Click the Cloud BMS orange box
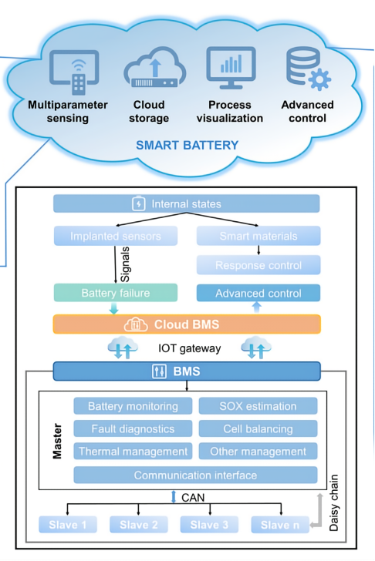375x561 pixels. (187, 324)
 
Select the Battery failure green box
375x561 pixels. (115, 293)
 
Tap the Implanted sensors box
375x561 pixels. (115, 236)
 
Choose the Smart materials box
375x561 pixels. (258, 236)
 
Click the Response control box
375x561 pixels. (258, 265)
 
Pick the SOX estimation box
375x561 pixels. (258, 406)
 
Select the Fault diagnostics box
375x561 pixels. (133, 428)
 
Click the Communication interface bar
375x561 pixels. (195, 475)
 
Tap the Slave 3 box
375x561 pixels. (209, 525)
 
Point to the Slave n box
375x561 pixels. (280, 525)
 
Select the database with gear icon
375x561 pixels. (309, 69)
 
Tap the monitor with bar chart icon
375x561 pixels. (231, 68)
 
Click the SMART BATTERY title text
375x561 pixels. (187, 145)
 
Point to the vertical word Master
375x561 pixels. (57, 441)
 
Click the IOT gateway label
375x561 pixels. (190, 348)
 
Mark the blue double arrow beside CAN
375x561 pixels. (174, 496)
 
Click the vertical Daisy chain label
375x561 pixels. (333, 502)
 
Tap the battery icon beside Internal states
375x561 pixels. (139, 203)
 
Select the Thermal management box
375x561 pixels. (133, 451)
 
